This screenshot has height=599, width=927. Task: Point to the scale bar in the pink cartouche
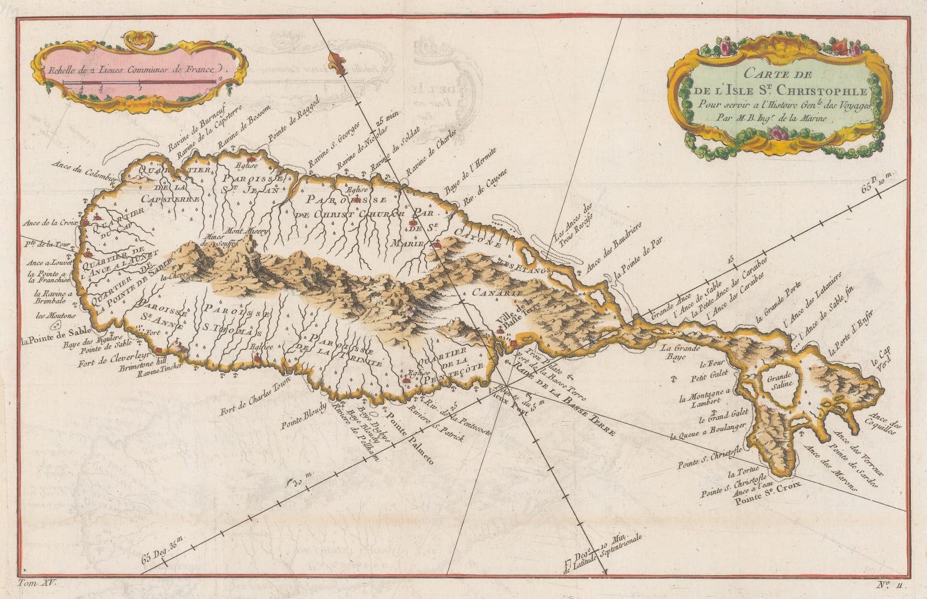[x=142, y=83]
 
